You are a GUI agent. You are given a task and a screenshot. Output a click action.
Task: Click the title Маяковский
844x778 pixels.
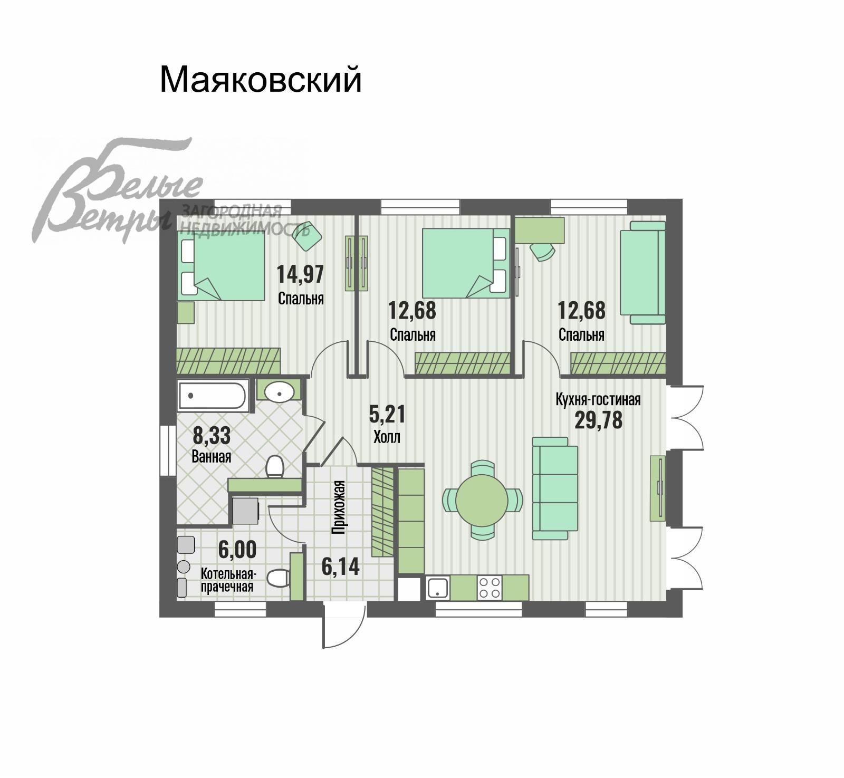tap(261, 79)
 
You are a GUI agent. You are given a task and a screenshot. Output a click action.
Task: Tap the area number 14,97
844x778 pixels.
tap(300, 274)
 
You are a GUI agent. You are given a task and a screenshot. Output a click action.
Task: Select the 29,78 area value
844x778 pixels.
tap(598, 420)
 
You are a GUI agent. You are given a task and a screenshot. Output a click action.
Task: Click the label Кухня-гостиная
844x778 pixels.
tap(598, 399)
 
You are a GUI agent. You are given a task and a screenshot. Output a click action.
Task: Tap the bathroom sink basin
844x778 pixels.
tap(279, 391)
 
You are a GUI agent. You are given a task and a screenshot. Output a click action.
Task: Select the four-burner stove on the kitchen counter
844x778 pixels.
tap(488, 587)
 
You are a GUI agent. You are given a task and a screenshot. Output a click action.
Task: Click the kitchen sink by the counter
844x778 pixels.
tap(438, 588)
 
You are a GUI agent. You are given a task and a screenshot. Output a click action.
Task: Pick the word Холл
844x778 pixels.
tap(387, 437)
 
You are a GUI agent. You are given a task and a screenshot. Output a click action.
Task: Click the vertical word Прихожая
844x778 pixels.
tap(339, 507)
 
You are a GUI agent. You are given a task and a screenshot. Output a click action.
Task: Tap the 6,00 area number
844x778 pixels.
tap(237, 550)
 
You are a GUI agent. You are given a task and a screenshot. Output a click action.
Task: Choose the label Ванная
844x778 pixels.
tap(212, 456)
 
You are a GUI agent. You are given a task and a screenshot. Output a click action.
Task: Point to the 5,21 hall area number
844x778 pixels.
tap(387, 415)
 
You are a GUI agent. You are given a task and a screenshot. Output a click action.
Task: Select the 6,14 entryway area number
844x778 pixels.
tap(340, 566)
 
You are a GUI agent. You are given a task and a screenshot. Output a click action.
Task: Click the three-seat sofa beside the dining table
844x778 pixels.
tap(555, 488)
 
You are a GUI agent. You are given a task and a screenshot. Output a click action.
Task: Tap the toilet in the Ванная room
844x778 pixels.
tap(274, 466)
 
